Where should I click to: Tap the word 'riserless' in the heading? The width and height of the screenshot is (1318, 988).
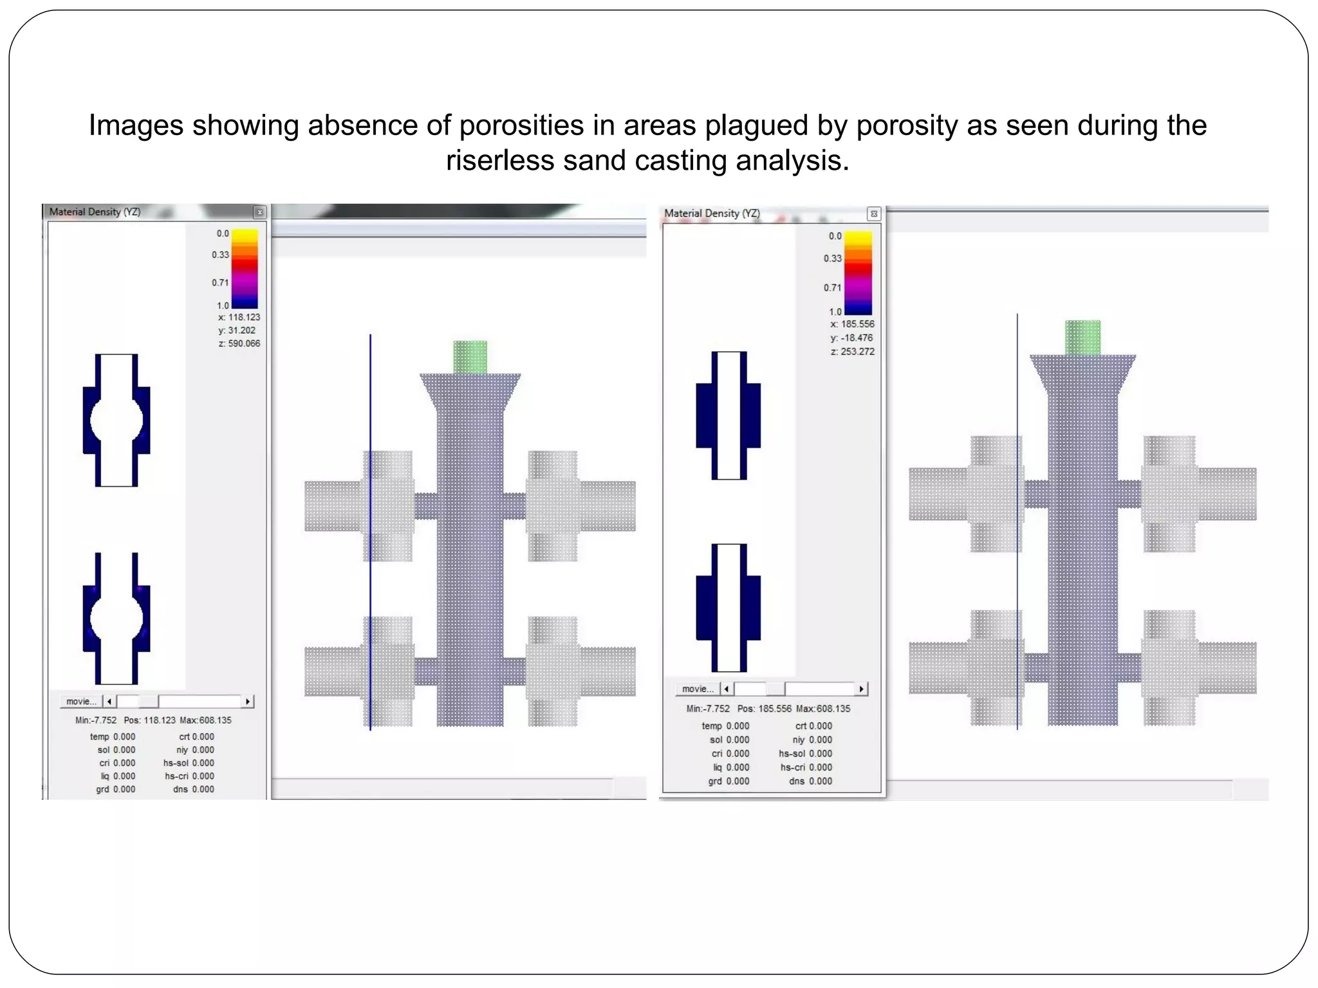[499, 160]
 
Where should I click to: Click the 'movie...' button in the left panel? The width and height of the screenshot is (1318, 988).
[81, 701]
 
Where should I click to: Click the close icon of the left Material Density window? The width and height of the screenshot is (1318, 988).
[259, 212]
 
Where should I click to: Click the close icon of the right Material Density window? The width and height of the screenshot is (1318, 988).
[873, 214]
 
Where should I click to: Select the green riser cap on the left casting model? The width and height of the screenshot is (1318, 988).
[470, 357]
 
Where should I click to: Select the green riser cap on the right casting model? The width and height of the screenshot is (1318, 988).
[1082, 337]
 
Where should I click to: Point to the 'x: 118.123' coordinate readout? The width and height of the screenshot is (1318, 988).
[239, 317]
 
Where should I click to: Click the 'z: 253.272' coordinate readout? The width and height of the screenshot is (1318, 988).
[852, 352]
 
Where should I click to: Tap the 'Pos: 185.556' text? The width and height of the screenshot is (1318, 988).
[764, 709]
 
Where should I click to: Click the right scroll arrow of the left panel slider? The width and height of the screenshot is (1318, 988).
[248, 701]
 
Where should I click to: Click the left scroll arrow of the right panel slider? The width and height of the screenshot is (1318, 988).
[727, 689]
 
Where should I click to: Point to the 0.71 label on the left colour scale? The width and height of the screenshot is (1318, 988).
[220, 282]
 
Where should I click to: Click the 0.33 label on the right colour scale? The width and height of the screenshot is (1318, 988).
[832, 259]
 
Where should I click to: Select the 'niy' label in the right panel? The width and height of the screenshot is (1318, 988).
[799, 740]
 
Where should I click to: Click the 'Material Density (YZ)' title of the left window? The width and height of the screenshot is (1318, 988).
[95, 212]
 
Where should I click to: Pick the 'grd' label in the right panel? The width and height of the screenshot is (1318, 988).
[714, 781]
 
